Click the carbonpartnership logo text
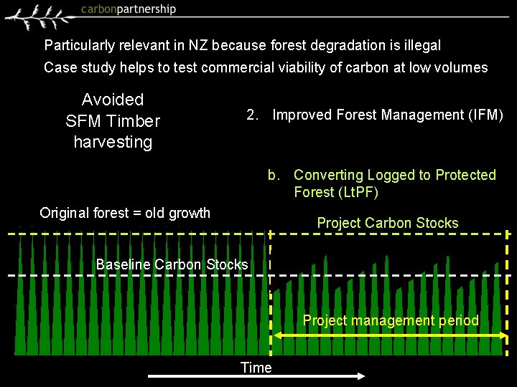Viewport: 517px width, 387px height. click(129, 9)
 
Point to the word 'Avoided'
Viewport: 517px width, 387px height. click(113, 100)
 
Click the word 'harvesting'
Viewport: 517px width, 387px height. click(113, 142)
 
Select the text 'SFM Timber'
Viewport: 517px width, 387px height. click(113, 121)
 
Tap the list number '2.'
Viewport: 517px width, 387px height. click(253, 115)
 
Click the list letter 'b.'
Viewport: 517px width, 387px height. click(274, 175)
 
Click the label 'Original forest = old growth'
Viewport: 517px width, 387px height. click(125, 213)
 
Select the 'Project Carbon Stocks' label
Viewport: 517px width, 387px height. click(388, 223)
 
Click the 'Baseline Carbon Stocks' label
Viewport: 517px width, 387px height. click(172, 264)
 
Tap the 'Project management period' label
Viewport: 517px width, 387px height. click(391, 320)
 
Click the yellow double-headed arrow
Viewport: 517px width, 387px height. click(391, 335)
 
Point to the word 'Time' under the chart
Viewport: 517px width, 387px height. click(256, 368)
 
